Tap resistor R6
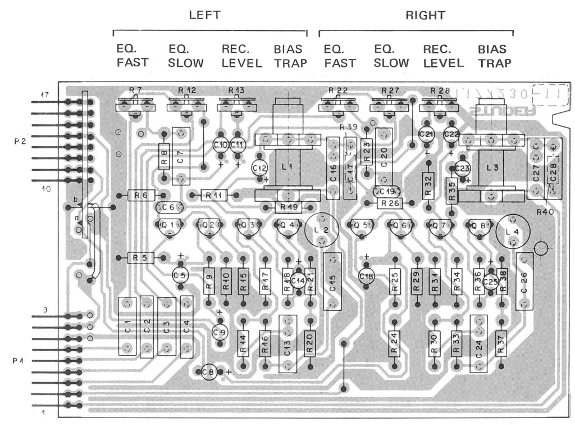pyautogui.click(x=141, y=195)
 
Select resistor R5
pyautogui.click(x=141, y=257)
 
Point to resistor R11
pyautogui.click(x=213, y=195)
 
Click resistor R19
pyautogui.click(x=288, y=207)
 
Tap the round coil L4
pyautogui.click(x=512, y=231)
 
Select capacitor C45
pyautogui.click(x=332, y=280)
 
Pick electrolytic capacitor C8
pyautogui.click(x=209, y=371)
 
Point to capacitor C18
pyautogui.click(x=367, y=276)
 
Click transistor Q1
pyautogui.click(x=168, y=226)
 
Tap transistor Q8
pyautogui.click(x=478, y=226)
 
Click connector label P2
pyautogui.click(x=20, y=142)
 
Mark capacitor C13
pyautogui.click(x=287, y=343)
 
